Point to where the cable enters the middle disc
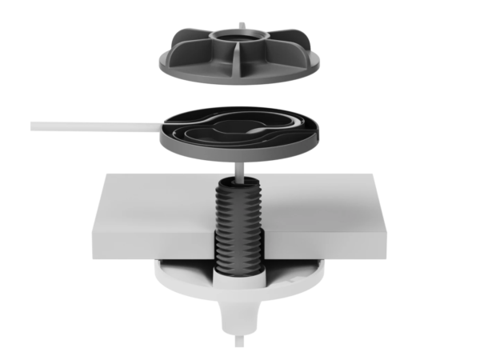164,126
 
